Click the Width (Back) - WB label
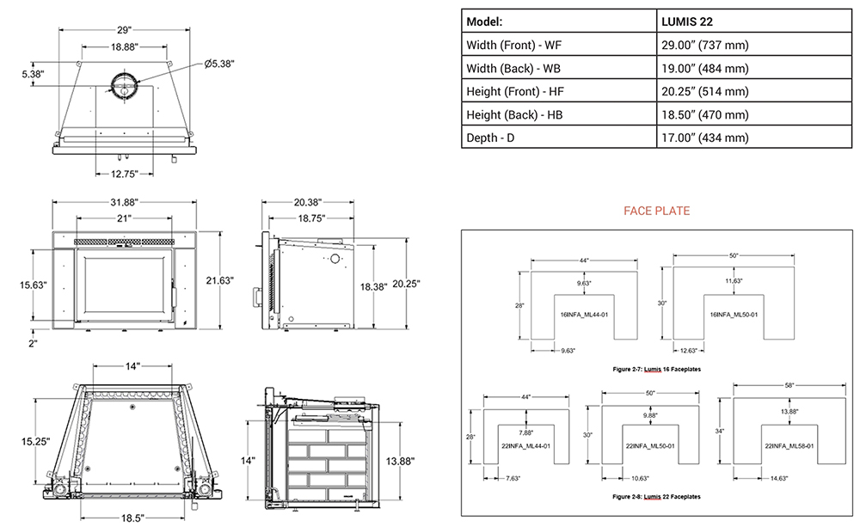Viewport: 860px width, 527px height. (514, 69)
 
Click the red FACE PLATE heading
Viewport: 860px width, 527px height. (656, 211)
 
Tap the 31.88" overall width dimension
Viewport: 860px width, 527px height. (125, 201)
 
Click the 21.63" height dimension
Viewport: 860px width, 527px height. (221, 281)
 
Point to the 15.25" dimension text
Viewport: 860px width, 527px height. (32, 441)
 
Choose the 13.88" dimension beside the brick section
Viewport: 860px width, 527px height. (400, 462)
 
